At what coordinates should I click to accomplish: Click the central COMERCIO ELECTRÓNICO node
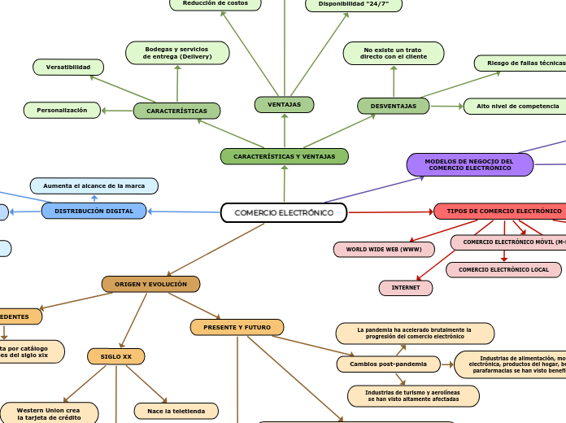click(284, 212)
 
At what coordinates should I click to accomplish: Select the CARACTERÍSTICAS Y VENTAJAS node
click(284, 156)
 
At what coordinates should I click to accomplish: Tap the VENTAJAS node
click(284, 104)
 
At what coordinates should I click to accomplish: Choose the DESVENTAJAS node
click(394, 106)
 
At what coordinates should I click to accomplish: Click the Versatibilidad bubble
click(68, 67)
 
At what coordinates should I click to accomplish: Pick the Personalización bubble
click(62, 110)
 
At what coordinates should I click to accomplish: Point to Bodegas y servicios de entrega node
click(177, 53)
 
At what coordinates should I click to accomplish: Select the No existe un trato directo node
click(394, 54)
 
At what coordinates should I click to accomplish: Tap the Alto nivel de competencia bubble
click(517, 106)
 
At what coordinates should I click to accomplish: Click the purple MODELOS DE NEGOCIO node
click(469, 164)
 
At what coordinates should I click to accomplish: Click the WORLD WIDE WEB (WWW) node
click(384, 249)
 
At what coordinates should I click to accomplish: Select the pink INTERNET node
click(406, 288)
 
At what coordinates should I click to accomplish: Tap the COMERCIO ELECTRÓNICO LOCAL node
click(503, 269)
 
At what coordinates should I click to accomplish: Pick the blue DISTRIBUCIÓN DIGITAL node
click(94, 211)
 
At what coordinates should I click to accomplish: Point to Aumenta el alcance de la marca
click(94, 185)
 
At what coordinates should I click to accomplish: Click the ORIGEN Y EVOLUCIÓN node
click(150, 284)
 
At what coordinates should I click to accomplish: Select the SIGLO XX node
click(115, 356)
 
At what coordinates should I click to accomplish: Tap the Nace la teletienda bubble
click(176, 410)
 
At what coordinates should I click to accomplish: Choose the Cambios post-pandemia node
click(388, 364)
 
